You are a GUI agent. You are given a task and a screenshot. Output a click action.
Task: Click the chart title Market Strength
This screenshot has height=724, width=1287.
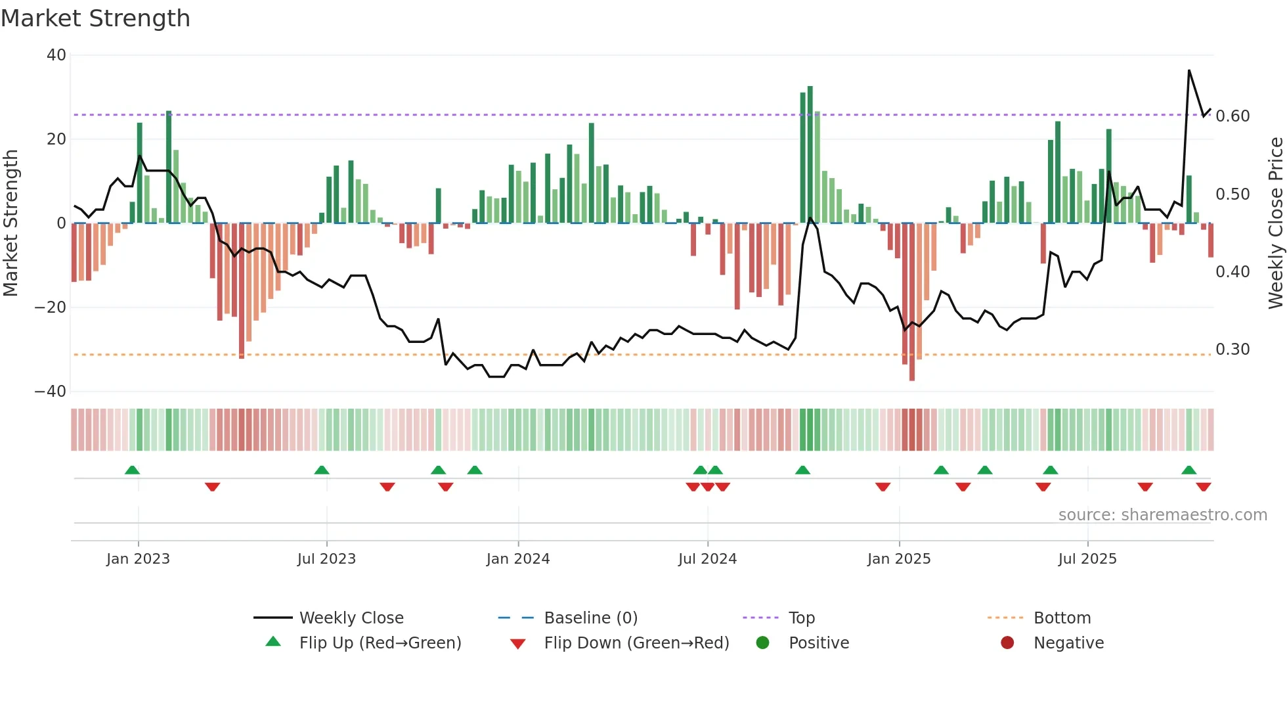[x=96, y=18]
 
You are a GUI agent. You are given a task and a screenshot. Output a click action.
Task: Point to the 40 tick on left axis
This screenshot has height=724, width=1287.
[x=56, y=55]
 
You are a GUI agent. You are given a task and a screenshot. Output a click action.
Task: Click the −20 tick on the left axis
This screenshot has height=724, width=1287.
[x=51, y=307]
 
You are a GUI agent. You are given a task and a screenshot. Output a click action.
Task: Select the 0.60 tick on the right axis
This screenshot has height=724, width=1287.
[x=1232, y=116]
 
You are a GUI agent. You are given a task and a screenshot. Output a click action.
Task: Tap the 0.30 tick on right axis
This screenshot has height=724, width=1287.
[x=1232, y=350]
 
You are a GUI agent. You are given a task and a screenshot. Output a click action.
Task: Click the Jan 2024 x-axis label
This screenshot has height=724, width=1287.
[x=518, y=559]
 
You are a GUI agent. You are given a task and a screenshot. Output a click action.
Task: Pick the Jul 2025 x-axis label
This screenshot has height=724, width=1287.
[x=1087, y=559]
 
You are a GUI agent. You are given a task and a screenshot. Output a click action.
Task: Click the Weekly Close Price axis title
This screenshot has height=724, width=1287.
[x=1275, y=223]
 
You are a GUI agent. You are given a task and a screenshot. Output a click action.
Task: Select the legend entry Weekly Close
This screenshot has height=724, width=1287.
[x=351, y=618]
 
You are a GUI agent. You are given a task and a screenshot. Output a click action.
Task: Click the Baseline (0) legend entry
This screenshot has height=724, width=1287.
[x=590, y=618]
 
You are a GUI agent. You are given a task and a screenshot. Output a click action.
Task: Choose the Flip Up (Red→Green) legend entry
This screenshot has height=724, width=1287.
[x=380, y=643]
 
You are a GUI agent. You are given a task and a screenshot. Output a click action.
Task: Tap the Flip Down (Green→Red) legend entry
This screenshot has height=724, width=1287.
[x=636, y=643]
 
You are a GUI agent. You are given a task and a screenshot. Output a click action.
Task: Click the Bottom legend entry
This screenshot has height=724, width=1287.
[x=1062, y=618]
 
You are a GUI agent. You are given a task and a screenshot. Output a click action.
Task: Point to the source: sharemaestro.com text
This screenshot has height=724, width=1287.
[x=1162, y=515]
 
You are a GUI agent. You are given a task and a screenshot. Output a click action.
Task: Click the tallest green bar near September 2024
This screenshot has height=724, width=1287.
[x=810, y=154]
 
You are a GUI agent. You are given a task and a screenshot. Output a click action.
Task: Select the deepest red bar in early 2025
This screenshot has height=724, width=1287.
[x=912, y=302]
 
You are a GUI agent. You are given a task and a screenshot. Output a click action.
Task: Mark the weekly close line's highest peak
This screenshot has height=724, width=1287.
[x=1189, y=70]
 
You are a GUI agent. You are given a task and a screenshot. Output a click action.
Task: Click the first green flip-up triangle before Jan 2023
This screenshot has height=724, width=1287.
[x=132, y=470]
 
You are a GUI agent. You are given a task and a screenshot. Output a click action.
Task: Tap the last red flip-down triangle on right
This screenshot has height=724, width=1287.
[x=1204, y=487]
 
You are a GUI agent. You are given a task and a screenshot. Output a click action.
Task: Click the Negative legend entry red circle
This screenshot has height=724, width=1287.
[x=1007, y=643]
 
